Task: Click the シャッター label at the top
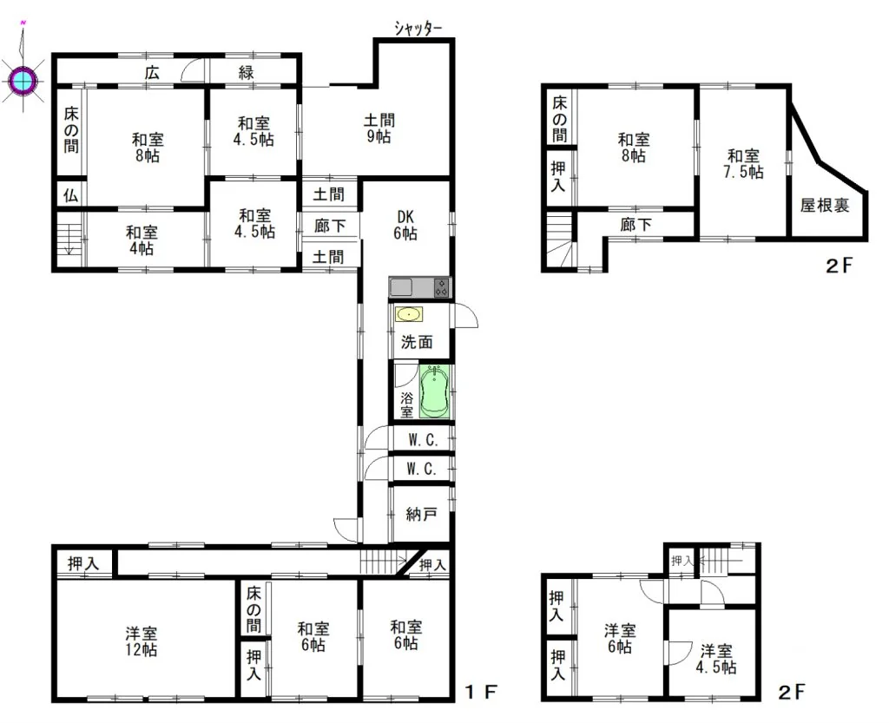click(418, 28)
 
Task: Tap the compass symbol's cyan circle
click(23, 81)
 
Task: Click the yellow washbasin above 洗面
click(409, 314)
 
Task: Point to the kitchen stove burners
click(441, 288)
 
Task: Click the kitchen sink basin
click(401, 288)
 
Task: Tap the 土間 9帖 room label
click(379, 128)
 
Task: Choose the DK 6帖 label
click(405, 225)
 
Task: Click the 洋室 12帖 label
click(142, 641)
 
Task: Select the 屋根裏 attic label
click(825, 205)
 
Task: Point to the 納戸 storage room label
click(421, 514)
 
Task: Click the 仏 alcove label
click(70, 196)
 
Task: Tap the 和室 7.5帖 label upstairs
click(743, 164)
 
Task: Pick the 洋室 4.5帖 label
click(716, 659)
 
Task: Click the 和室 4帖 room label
click(142, 240)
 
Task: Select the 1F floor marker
click(481, 692)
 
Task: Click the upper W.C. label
click(423, 440)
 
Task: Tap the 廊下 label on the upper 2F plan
click(635, 225)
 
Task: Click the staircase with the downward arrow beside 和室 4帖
click(69, 240)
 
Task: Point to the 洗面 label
click(417, 342)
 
